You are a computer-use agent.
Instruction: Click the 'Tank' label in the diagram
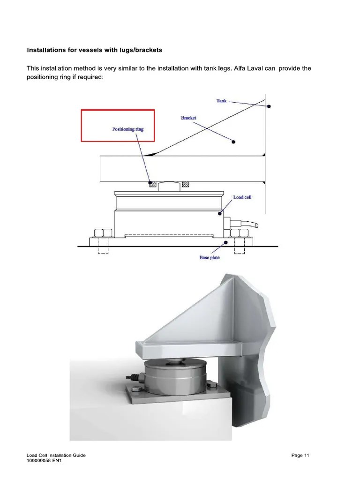[222, 100]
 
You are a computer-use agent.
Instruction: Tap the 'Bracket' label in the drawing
[188, 118]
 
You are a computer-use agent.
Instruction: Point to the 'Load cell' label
[242, 197]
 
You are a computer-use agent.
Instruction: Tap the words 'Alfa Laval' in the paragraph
[262, 68]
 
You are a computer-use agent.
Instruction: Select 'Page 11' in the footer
[300, 455]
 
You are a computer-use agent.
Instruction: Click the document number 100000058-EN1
[45, 461]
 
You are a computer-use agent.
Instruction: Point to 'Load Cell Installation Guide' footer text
[56, 455]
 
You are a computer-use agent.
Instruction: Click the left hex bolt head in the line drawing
[102, 233]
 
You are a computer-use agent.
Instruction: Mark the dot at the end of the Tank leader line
[269, 107]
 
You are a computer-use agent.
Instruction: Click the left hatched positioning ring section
[152, 184]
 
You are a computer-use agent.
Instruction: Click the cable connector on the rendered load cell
[135, 376]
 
